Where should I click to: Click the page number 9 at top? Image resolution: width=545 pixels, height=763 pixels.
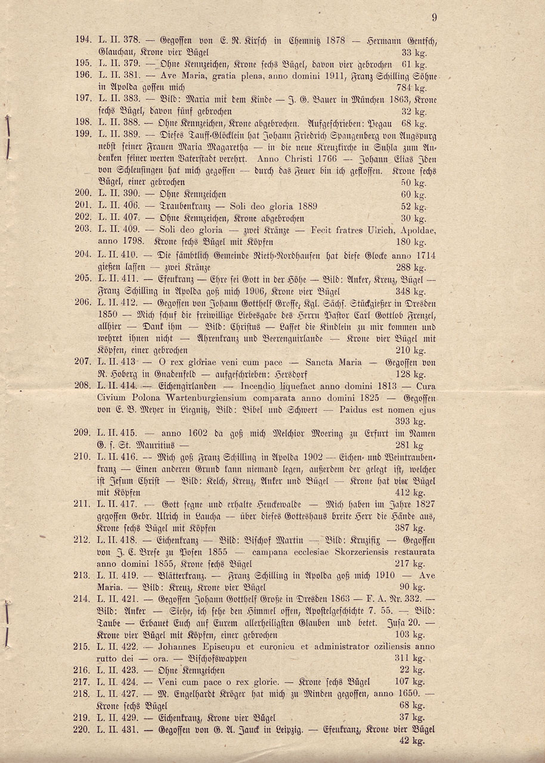point(434,18)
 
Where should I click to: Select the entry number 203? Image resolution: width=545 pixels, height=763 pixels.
point(82,230)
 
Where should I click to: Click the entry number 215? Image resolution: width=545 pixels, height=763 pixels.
point(82,647)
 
